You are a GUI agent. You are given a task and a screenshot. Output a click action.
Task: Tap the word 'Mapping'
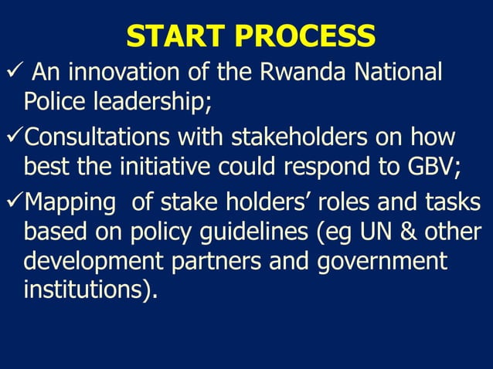[70, 205]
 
